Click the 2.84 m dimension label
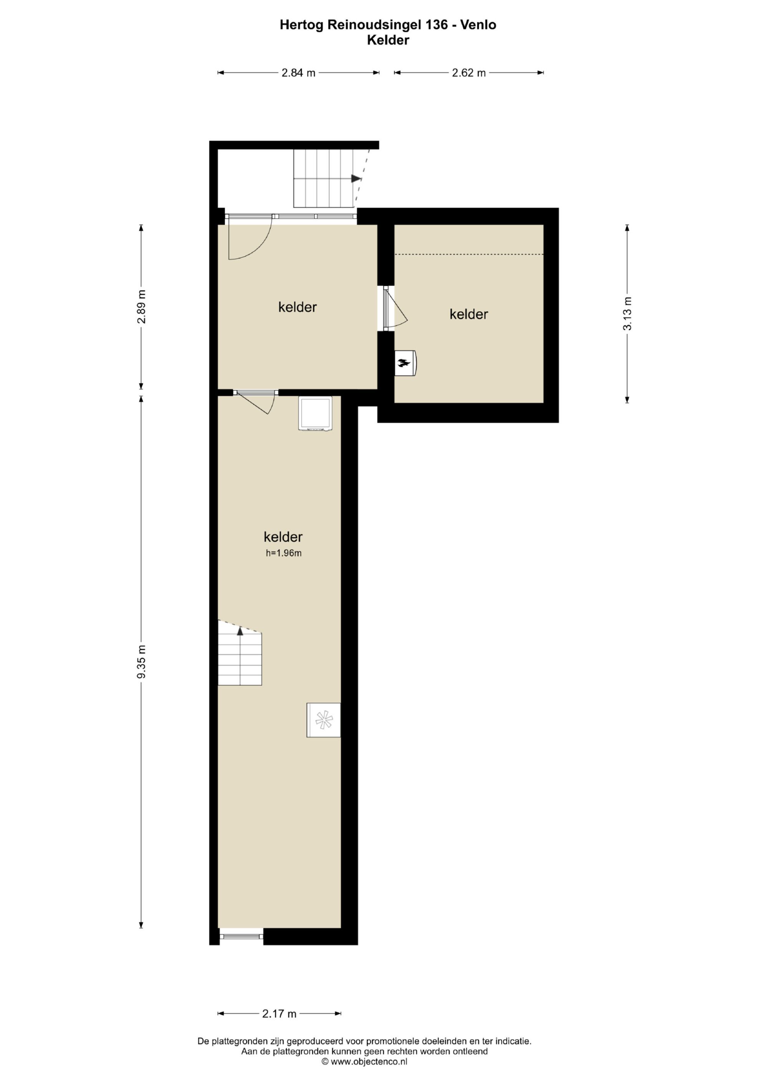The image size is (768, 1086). pyautogui.click(x=298, y=73)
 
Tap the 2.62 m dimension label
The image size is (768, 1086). pyautogui.click(x=468, y=73)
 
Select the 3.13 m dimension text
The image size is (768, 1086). pyautogui.click(x=627, y=313)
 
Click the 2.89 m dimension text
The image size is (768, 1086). pyautogui.click(x=141, y=307)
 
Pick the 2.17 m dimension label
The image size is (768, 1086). pyautogui.click(x=280, y=1014)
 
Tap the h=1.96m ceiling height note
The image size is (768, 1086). pyautogui.click(x=284, y=553)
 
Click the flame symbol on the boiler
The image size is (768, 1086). pyautogui.click(x=403, y=363)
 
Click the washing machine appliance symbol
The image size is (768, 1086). pyautogui.click(x=315, y=413)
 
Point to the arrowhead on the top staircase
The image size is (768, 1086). pyautogui.click(x=356, y=178)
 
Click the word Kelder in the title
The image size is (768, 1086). pyautogui.click(x=388, y=40)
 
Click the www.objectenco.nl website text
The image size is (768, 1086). pyautogui.click(x=369, y=1061)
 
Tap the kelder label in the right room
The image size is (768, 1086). pyautogui.click(x=468, y=314)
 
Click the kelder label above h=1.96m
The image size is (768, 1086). pyautogui.click(x=283, y=537)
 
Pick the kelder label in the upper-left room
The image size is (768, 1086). pyautogui.click(x=298, y=307)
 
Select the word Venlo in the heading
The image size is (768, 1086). pyautogui.click(x=480, y=25)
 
